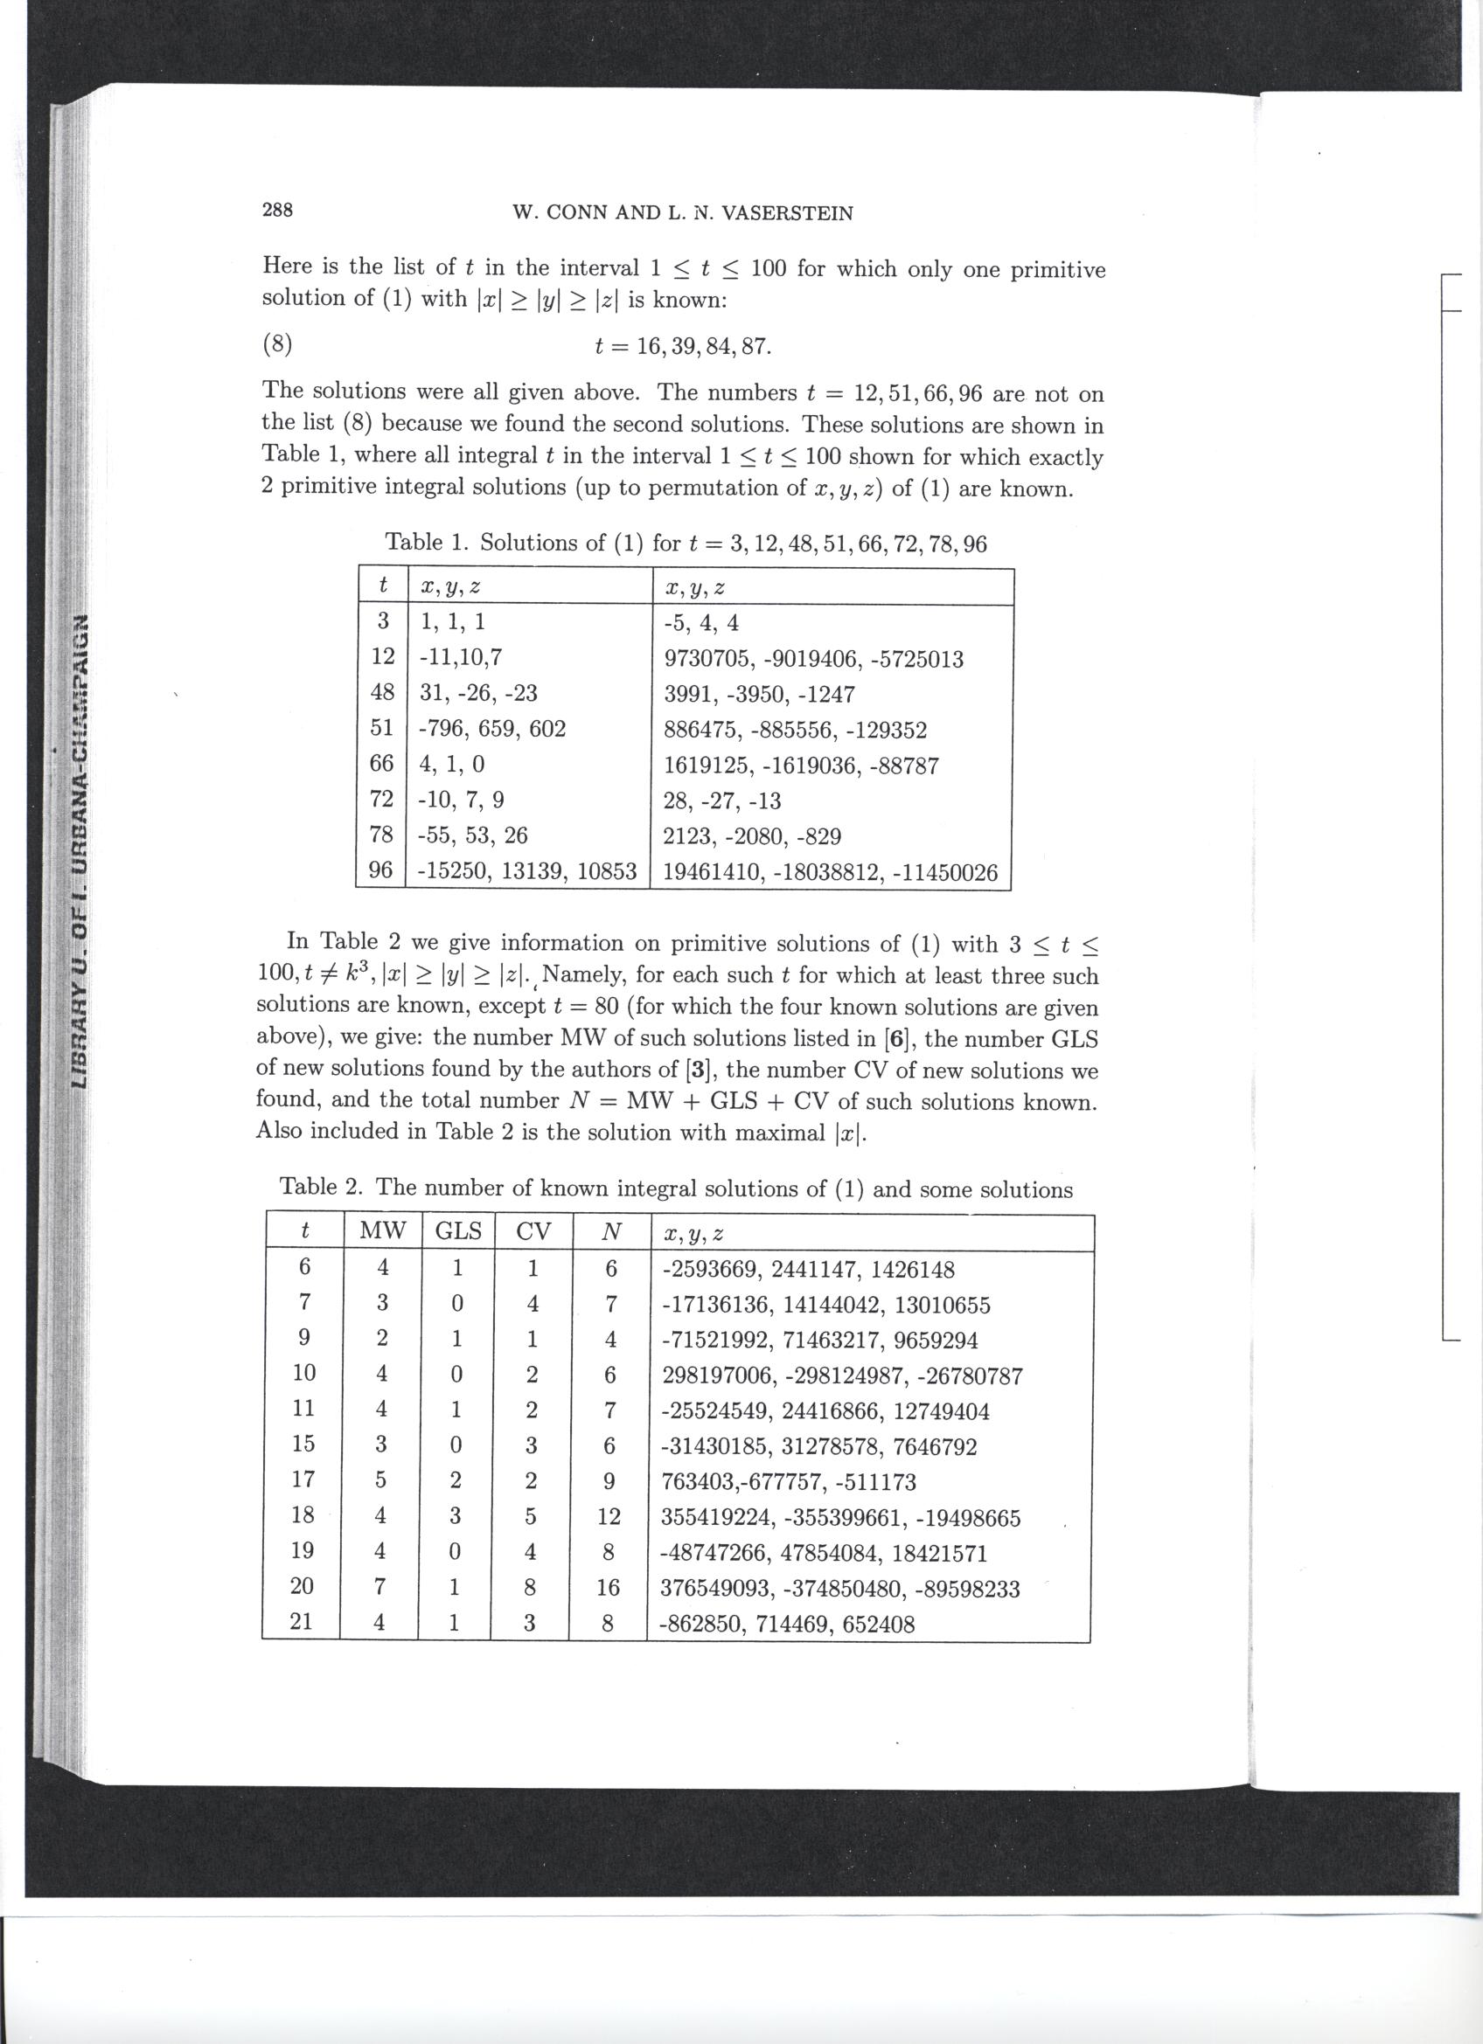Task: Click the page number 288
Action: click(x=277, y=210)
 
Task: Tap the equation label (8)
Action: click(x=278, y=344)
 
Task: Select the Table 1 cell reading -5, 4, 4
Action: click(x=701, y=623)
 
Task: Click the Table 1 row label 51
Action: click(x=382, y=728)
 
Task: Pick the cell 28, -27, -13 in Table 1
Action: click(x=722, y=800)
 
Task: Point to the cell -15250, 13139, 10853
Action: click(x=527, y=871)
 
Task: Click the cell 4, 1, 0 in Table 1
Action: click(x=452, y=765)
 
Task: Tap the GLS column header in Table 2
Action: click(x=458, y=1232)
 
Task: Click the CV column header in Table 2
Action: click(x=533, y=1232)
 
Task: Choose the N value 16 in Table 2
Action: click(x=609, y=1588)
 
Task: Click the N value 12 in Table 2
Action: click(x=609, y=1517)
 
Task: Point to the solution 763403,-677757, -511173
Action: click(x=788, y=1481)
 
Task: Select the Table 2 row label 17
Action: click(x=303, y=1481)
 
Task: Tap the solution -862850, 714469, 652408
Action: click(x=787, y=1624)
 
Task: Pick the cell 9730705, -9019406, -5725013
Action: click(x=813, y=659)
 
